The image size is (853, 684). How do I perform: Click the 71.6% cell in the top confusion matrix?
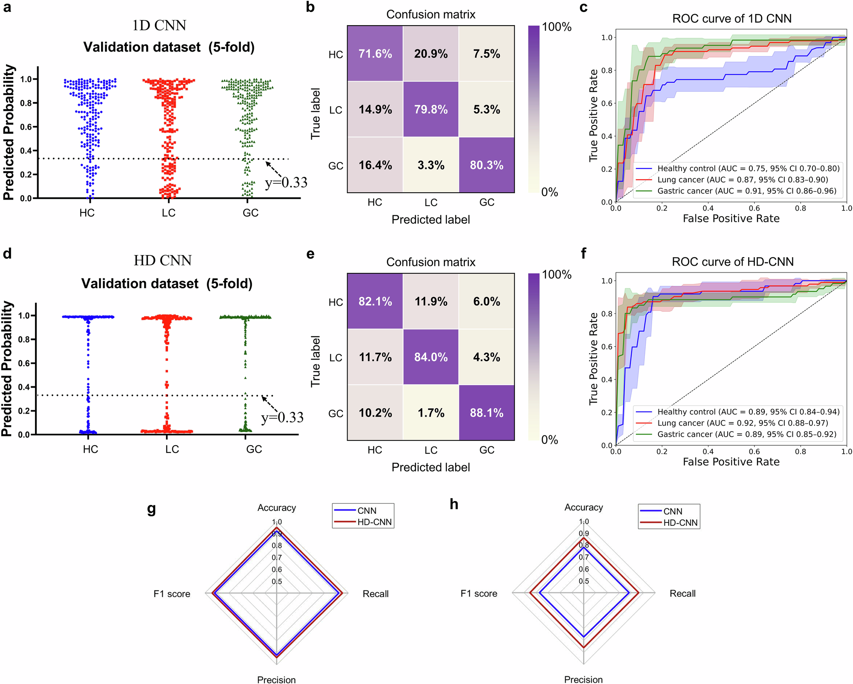375,54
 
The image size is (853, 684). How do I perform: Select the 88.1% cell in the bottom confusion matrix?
486,413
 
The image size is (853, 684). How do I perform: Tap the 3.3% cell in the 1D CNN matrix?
431,165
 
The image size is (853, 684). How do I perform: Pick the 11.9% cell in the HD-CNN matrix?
431,301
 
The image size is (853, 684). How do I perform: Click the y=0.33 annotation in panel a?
286,183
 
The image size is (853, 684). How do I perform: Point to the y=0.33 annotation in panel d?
282,417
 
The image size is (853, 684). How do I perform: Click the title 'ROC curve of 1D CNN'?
731,19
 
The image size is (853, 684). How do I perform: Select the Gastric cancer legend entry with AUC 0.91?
746,191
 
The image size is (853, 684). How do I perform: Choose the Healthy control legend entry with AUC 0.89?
748,412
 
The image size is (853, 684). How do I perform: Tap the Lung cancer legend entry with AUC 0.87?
742,180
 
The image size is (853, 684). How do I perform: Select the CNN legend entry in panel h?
673,511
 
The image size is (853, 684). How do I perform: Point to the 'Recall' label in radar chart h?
682,594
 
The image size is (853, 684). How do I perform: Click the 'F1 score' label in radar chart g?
172,594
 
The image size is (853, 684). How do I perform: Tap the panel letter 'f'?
583,254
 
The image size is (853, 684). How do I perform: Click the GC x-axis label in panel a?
250,213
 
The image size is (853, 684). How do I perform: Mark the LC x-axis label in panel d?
172,449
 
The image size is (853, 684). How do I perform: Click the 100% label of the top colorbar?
556,27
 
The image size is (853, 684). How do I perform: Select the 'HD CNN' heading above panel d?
162,261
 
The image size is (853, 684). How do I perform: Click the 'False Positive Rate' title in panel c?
731,219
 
